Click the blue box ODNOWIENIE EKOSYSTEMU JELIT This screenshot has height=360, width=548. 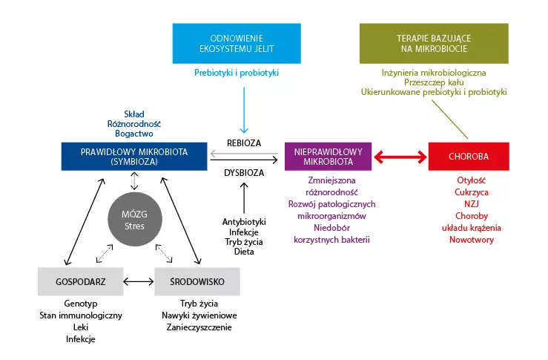point(237,42)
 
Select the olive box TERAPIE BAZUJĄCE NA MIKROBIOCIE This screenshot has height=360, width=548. point(434,42)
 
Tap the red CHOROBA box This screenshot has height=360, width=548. point(469,157)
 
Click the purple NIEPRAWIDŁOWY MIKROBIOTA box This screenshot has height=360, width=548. point(327,157)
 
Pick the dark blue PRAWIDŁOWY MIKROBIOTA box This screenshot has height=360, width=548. point(134,157)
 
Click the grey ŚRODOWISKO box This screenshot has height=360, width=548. point(197,281)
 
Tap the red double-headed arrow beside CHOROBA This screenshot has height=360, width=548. point(400,157)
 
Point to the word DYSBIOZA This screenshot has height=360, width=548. point(244,172)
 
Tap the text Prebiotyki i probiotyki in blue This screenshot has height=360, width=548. point(237,73)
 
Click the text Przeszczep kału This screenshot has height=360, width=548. point(434,82)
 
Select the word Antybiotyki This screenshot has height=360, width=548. point(244,222)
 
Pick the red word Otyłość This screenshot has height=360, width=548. point(469,180)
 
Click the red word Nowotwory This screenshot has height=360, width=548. point(469,240)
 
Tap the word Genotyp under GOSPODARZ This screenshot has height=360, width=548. point(80,304)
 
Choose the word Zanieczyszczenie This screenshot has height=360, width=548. point(199,327)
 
